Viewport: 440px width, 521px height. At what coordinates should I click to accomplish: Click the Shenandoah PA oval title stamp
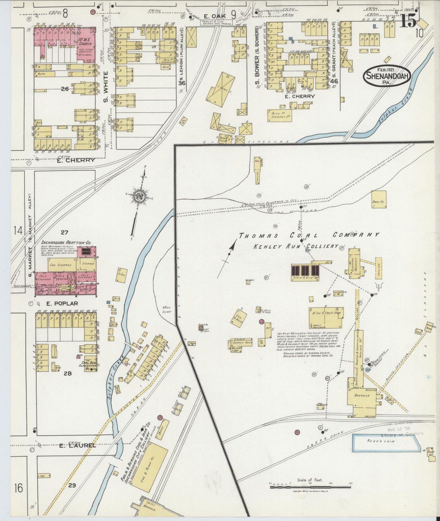point(387,76)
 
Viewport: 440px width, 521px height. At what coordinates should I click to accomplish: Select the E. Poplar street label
point(62,303)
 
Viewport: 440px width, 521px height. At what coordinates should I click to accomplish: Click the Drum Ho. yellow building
point(379,199)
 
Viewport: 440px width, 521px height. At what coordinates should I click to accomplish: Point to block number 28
point(67,374)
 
